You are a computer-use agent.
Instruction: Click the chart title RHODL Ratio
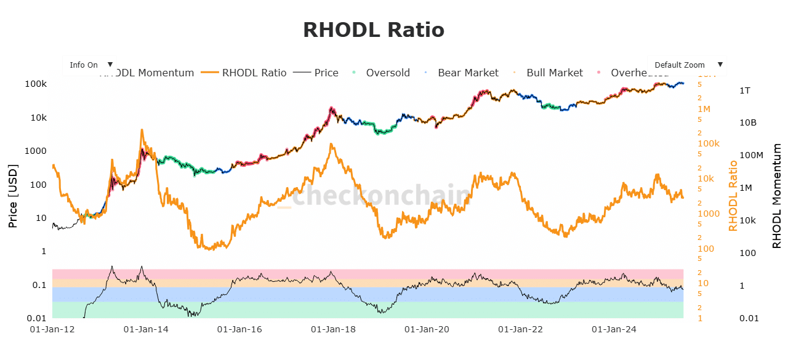point(373,30)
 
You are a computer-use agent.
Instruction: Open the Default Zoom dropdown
point(687,65)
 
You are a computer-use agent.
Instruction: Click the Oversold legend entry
point(387,73)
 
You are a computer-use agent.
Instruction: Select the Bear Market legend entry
point(467,73)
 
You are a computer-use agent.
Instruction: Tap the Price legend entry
point(326,73)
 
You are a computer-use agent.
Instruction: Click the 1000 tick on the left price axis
point(36,151)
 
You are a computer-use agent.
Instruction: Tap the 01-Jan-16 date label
point(239,330)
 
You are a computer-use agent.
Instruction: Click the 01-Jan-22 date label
point(520,330)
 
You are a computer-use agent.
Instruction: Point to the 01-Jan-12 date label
point(52,330)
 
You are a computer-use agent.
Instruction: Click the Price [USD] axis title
point(12,196)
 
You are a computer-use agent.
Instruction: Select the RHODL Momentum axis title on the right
point(777,196)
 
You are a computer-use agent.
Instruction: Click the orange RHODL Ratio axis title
point(733,196)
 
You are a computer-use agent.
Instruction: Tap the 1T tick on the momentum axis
point(744,90)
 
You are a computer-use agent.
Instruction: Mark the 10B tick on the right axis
point(748,122)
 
